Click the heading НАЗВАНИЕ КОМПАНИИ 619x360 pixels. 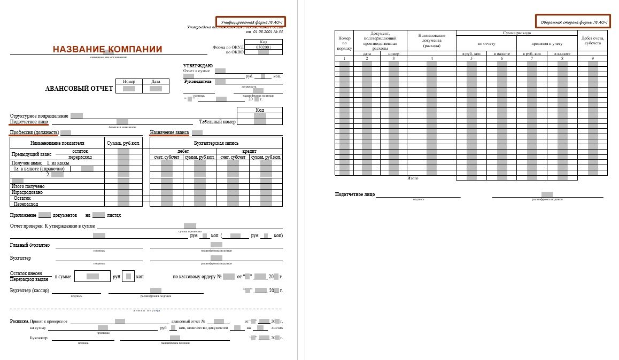tap(107, 50)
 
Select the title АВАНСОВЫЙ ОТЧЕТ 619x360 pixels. tap(79, 89)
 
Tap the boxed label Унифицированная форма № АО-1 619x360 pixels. tap(251, 21)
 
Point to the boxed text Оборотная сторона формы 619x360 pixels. tap(574, 21)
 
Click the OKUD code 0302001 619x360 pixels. tap(263, 47)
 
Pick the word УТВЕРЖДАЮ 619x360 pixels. tap(198, 65)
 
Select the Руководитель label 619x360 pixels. tap(198, 82)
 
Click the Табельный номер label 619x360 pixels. tap(217, 122)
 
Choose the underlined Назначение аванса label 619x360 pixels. tap(169, 132)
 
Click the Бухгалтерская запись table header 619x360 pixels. tap(216, 143)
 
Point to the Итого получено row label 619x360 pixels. tap(27, 186)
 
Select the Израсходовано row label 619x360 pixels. tap(27, 192)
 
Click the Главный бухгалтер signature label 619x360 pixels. tap(30, 245)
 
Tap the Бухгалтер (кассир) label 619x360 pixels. tap(29, 291)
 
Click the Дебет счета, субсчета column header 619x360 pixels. tap(592, 40)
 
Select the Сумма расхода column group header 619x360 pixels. tap(516, 33)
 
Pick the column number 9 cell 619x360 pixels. tap(592, 58)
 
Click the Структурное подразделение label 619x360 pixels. tap(39, 116)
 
